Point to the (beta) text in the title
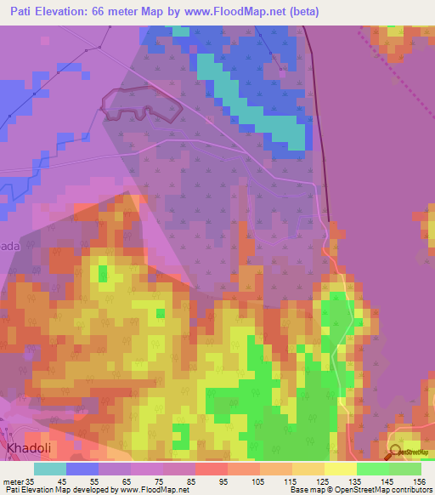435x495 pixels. click(323, 13)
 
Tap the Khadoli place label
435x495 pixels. click(35, 447)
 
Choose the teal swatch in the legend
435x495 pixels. click(50, 468)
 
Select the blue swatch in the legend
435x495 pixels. click(82, 468)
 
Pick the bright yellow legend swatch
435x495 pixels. click(340, 468)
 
